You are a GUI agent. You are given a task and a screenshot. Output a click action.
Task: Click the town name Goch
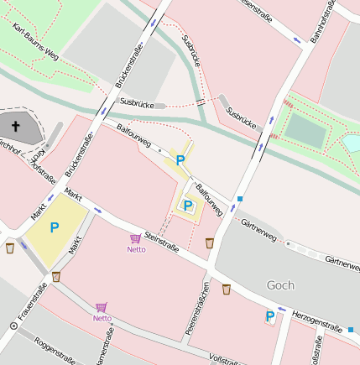(x=279, y=285)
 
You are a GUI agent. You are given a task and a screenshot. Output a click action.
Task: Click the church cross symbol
(x=14, y=127)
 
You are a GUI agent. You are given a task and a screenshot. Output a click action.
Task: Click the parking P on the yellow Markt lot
(x=55, y=227)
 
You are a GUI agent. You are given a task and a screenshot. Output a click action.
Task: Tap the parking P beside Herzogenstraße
(x=269, y=315)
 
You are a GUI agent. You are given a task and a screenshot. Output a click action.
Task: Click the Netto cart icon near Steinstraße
(x=136, y=239)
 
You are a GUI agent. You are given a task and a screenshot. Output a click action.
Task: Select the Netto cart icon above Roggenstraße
(x=102, y=308)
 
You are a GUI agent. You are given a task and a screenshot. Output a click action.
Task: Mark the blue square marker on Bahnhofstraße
(x=240, y=199)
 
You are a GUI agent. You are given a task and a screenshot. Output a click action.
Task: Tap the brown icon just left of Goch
(x=227, y=289)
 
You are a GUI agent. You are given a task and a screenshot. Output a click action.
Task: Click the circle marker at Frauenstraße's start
(x=13, y=325)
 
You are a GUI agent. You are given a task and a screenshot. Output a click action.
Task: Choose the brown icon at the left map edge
(x=10, y=248)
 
